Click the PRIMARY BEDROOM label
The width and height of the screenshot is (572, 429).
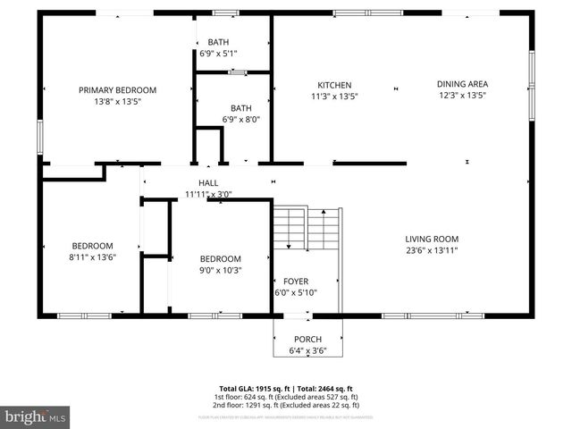pyautogui.click(x=117, y=90)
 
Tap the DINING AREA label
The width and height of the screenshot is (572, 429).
pyautogui.click(x=462, y=84)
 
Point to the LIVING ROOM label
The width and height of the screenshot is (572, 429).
pyautogui.click(x=432, y=239)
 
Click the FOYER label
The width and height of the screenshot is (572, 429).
pyautogui.click(x=295, y=281)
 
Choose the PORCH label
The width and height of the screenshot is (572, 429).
pyautogui.click(x=308, y=340)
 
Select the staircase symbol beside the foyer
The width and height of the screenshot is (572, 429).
pyautogui.click(x=307, y=230)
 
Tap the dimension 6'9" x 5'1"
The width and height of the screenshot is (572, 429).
pyautogui.click(x=218, y=54)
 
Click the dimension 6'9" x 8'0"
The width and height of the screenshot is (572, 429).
pyautogui.click(x=240, y=119)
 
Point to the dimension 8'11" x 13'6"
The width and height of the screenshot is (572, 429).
pyautogui.click(x=93, y=257)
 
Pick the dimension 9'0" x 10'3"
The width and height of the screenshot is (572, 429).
pyautogui.click(x=220, y=270)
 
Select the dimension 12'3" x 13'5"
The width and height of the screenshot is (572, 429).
pyautogui.click(x=462, y=96)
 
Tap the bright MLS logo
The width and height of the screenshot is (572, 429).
pyautogui.click(x=36, y=416)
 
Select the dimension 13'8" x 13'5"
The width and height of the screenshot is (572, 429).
pyautogui.click(x=117, y=102)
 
